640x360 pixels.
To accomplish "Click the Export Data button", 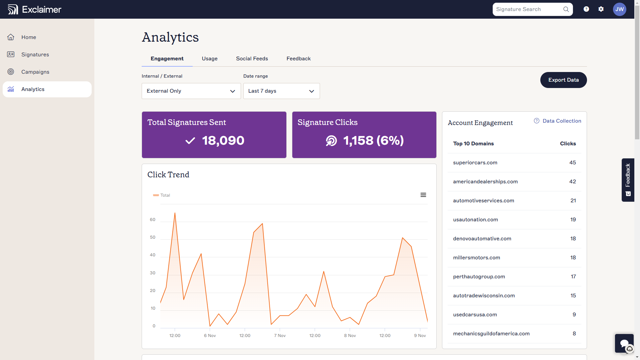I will pyautogui.click(x=563, y=80).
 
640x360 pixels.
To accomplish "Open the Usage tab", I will pyautogui.click(x=209, y=59).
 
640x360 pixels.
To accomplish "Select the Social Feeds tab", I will pyautogui.click(x=252, y=59).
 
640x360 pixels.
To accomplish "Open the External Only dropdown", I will pyautogui.click(x=191, y=91).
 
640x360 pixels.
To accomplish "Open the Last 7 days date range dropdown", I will pyautogui.click(x=281, y=91).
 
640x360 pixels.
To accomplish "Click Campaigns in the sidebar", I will pyautogui.click(x=35, y=72).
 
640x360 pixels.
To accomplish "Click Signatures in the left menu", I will pyautogui.click(x=35, y=55).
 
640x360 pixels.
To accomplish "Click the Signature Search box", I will pyautogui.click(x=528, y=9).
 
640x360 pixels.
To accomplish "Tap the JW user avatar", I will pyautogui.click(x=619, y=9).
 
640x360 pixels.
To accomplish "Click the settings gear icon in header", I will pyautogui.click(x=601, y=9).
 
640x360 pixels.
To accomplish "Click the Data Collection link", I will pyautogui.click(x=562, y=121).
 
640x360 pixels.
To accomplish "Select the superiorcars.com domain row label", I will pyautogui.click(x=475, y=163).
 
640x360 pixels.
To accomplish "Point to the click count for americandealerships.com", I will pyautogui.click(x=572, y=182).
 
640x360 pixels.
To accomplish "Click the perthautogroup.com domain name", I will pyautogui.click(x=479, y=277).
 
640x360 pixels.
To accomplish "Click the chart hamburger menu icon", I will pyautogui.click(x=423, y=195).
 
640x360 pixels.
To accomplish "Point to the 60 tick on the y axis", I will pyautogui.click(x=152, y=220).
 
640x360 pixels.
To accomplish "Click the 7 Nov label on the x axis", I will pyautogui.click(x=280, y=336).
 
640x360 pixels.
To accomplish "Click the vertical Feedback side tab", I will pyautogui.click(x=628, y=180).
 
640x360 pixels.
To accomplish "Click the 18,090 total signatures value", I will pyautogui.click(x=223, y=141).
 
